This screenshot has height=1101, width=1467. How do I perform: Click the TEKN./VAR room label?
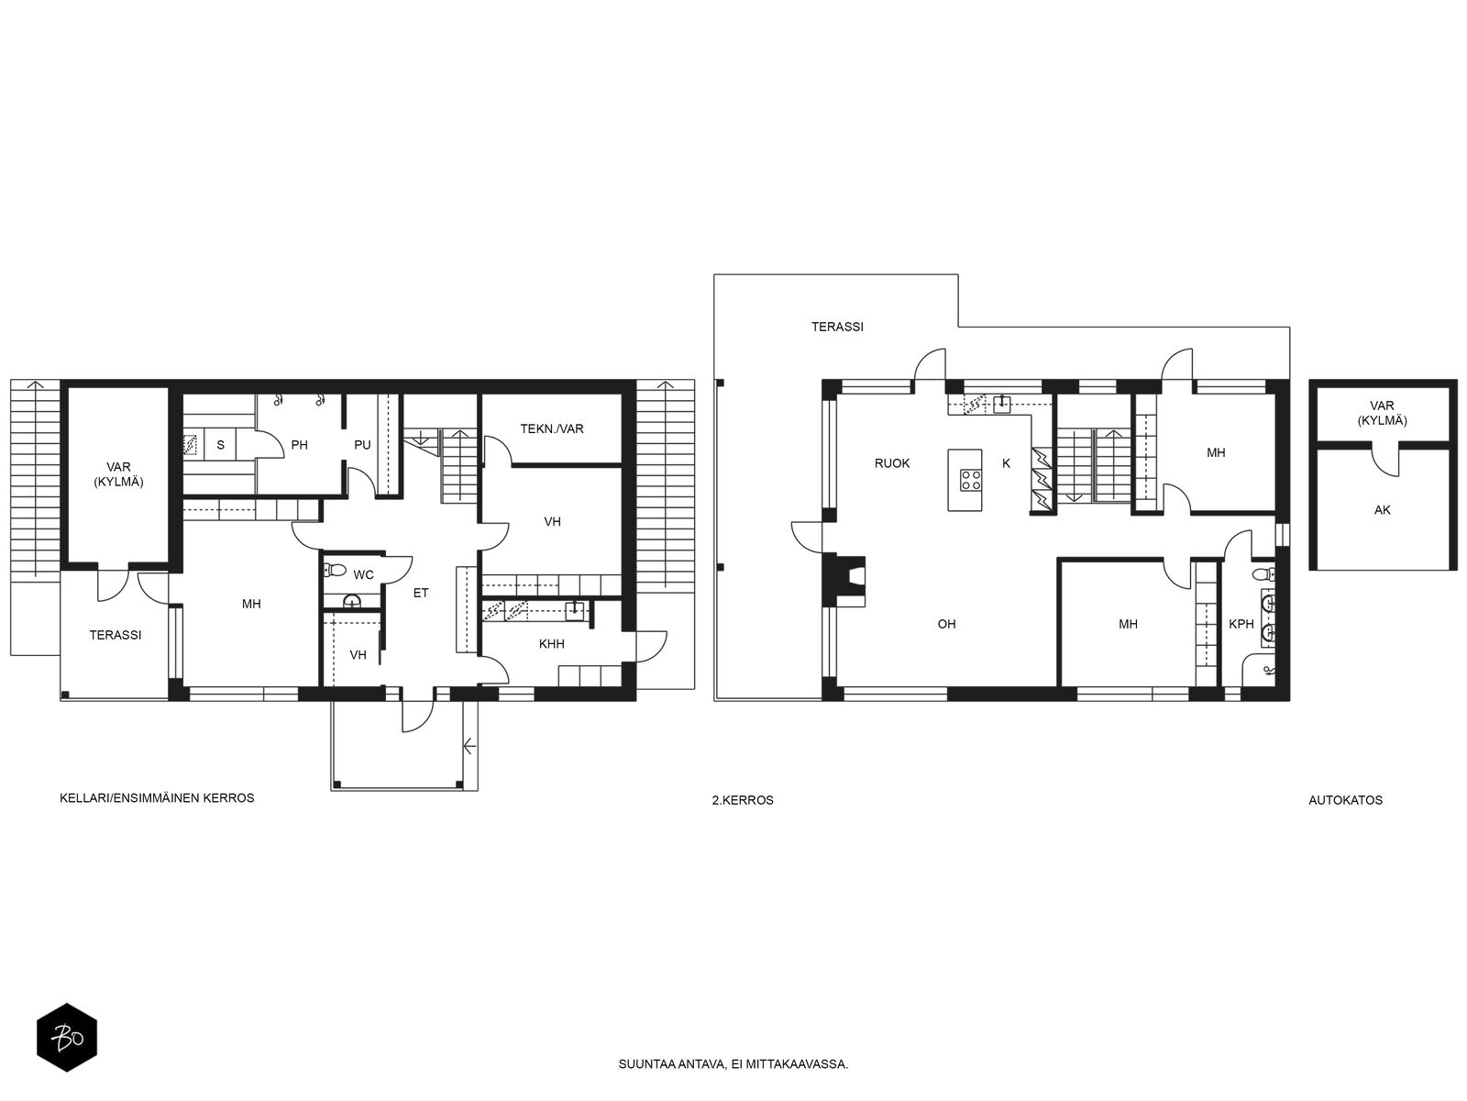(551, 428)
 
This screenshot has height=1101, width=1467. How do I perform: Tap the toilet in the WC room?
(334, 570)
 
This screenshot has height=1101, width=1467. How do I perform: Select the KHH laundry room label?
(551, 644)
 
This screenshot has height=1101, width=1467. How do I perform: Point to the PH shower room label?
(300, 445)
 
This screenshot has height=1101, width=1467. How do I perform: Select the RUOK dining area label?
(891, 463)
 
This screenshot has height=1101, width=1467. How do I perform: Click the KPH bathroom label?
(1241, 624)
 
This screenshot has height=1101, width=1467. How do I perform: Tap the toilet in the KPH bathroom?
(1263, 573)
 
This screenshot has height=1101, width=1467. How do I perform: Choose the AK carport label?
(1382, 510)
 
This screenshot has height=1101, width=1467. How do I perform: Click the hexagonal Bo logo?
(67, 1039)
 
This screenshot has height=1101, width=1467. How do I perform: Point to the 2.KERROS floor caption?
(743, 800)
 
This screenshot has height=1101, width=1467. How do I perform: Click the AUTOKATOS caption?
(1345, 800)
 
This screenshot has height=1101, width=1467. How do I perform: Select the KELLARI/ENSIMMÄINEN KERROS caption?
(157, 798)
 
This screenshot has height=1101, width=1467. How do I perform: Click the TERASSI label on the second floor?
(837, 327)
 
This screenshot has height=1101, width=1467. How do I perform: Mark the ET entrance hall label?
(420, 593)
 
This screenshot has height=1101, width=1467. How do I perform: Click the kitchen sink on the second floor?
(1001, 404)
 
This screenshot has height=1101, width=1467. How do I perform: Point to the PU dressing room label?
(362, 445)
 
